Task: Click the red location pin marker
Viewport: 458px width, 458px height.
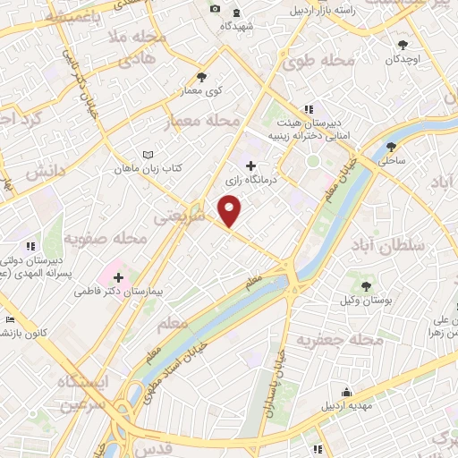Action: coord(231,211)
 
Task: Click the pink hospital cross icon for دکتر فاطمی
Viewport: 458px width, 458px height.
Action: coord(118,277)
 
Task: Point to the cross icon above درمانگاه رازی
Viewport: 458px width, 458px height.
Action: coord(250,165)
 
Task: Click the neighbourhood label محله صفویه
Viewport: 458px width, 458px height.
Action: coord(106,239)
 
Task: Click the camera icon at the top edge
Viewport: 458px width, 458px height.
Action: coord(215,9)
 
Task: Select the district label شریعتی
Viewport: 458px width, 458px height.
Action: coord(205,217)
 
